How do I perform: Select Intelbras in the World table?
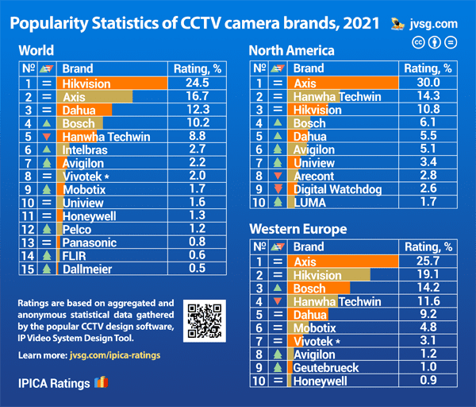point(85,149)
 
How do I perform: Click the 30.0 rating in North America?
point(427,83)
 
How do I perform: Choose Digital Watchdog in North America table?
point(337,189)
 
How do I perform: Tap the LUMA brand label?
point(309,203)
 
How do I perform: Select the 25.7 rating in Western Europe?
point(427,261)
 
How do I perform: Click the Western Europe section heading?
point(297,229)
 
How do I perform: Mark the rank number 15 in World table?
point(28,269)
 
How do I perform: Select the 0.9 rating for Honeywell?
point(427,382)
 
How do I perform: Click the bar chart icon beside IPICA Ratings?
point(101,383)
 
